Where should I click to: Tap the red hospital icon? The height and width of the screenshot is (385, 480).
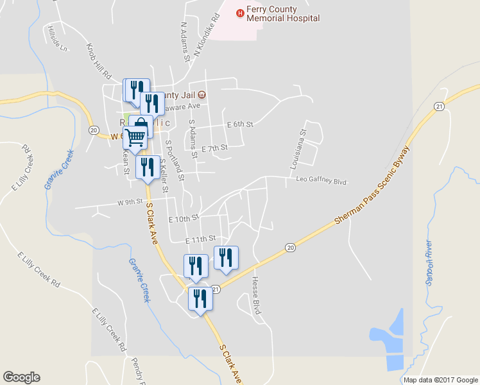pyautogui.click(x=240, y=12)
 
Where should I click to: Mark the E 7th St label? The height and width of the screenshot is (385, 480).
pyautogui.click(x=214, y=148)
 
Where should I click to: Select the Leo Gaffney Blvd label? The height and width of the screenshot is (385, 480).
pyautogui.click(x=321, y=181)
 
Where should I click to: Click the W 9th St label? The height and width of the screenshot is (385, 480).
pyautogui.click(x=129, y=201)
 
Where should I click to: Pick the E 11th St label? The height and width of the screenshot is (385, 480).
pyautogui.click(x=198, y=240)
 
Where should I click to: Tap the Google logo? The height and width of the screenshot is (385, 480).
pyautogui.click(x=21, y=377)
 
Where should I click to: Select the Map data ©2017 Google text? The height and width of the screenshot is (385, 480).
pyautogui.click(x=440, y=380)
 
